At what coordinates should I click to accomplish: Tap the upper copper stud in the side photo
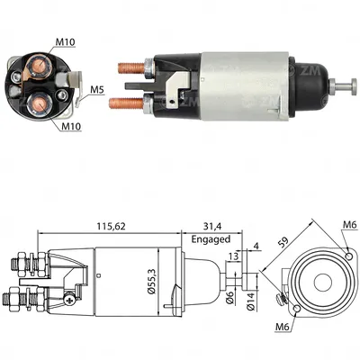pos(132,66)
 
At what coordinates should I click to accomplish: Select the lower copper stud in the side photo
pos(128,102)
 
